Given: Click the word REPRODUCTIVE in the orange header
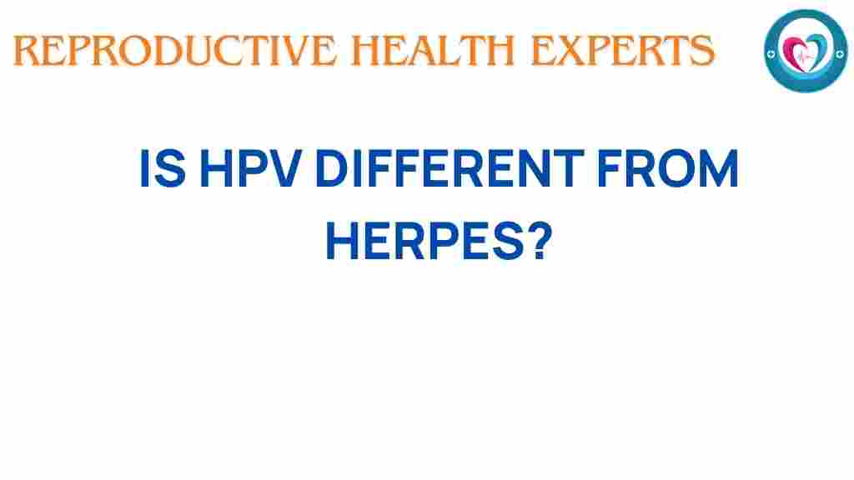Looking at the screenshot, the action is (175, 51).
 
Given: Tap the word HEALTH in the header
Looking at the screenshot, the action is (433, 51).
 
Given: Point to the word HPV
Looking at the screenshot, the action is (251, 168).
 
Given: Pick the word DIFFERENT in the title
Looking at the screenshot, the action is (450, 168).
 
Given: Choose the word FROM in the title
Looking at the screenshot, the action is (668, 168).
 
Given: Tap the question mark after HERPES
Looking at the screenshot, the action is (541, 241).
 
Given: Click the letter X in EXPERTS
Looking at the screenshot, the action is (573, 51).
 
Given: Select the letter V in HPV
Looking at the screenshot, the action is (284, 168).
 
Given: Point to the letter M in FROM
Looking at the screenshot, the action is (718, 168).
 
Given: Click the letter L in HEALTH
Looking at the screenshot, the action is (448, 51).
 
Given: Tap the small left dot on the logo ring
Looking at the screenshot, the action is (771, 54).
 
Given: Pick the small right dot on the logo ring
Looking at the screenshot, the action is (840, 53).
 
